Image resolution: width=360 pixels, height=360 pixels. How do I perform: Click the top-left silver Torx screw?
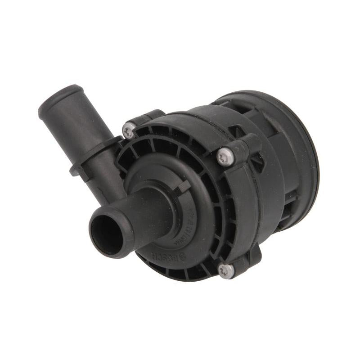click(x=129, y=131)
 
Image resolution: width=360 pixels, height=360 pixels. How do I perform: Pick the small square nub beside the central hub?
click(x=184, y=185)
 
